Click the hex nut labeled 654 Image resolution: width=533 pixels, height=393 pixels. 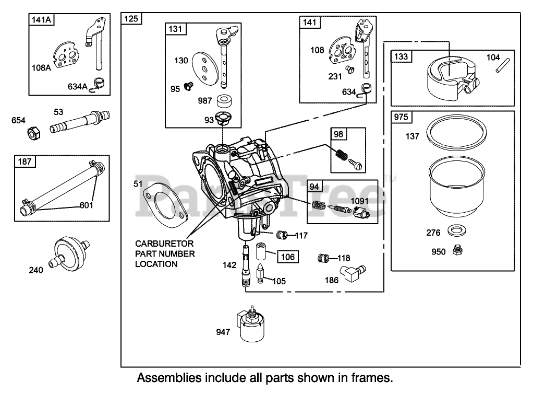(33, 132)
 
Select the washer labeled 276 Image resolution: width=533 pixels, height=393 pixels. (456, 230)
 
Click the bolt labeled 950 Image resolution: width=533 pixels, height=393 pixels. (457, 250)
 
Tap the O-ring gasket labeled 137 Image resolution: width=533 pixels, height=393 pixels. (456, 131)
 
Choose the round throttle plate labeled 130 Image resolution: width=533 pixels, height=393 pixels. (205, 70)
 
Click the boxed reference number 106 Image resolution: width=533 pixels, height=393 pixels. (287, 257)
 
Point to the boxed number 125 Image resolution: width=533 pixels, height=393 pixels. (131, 18)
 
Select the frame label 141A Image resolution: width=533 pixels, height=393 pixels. (41, 20)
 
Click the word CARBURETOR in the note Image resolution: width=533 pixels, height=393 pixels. (164, 244)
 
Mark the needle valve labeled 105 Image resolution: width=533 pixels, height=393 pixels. (260, 272)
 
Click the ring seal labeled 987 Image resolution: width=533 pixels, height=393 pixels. (224, 100)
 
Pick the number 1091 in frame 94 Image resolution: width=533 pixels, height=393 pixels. (360, 201)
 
